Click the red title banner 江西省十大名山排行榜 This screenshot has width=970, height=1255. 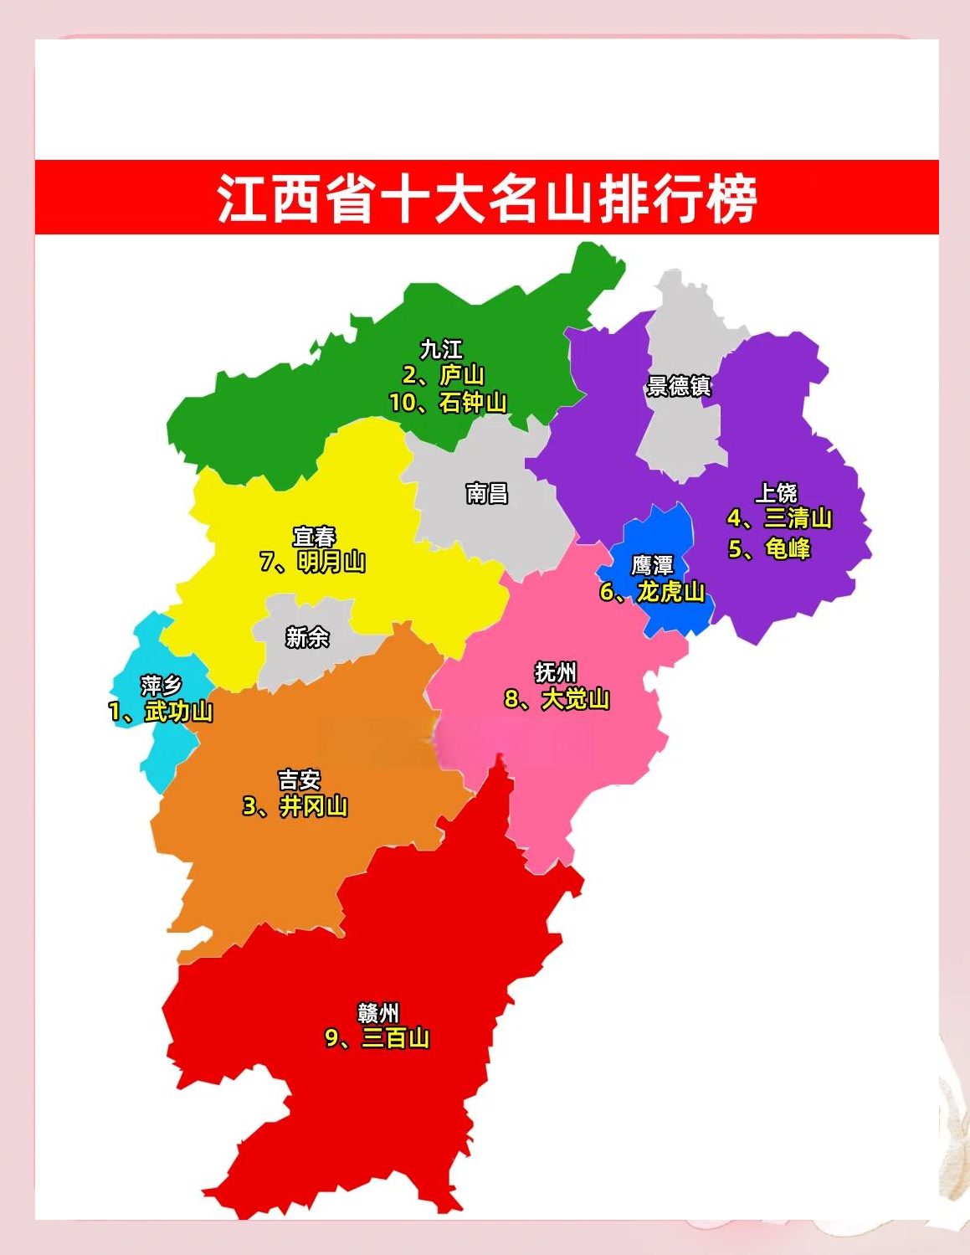point(486,198)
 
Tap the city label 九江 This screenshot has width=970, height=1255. point(441,348)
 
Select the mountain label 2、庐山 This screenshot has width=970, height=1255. point(444,375)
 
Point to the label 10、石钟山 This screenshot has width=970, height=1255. point(448,403)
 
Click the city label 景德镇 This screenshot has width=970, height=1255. point(679,386)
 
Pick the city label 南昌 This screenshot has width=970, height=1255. point(487,493)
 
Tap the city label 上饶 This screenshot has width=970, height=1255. point(777,492)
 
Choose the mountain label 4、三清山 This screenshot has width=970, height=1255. point(779,518)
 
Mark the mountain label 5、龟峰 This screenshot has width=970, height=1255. point(769,548)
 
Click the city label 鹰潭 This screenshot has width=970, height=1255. point(652,565)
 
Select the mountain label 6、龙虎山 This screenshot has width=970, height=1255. point(652,592)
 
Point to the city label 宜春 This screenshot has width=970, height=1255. point(314,536)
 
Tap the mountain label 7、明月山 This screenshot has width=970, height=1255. point(313,562)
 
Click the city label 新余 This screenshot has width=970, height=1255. point(307,637)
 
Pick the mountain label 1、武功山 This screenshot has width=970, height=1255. point(161,712)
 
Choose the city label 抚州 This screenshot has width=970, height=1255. point(556,672)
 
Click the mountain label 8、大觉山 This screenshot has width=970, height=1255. point(557,699)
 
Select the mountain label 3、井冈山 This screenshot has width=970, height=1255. point(295,806)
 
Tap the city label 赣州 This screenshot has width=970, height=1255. point(378,1013)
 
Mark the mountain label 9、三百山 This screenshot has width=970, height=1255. point(377,1038)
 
